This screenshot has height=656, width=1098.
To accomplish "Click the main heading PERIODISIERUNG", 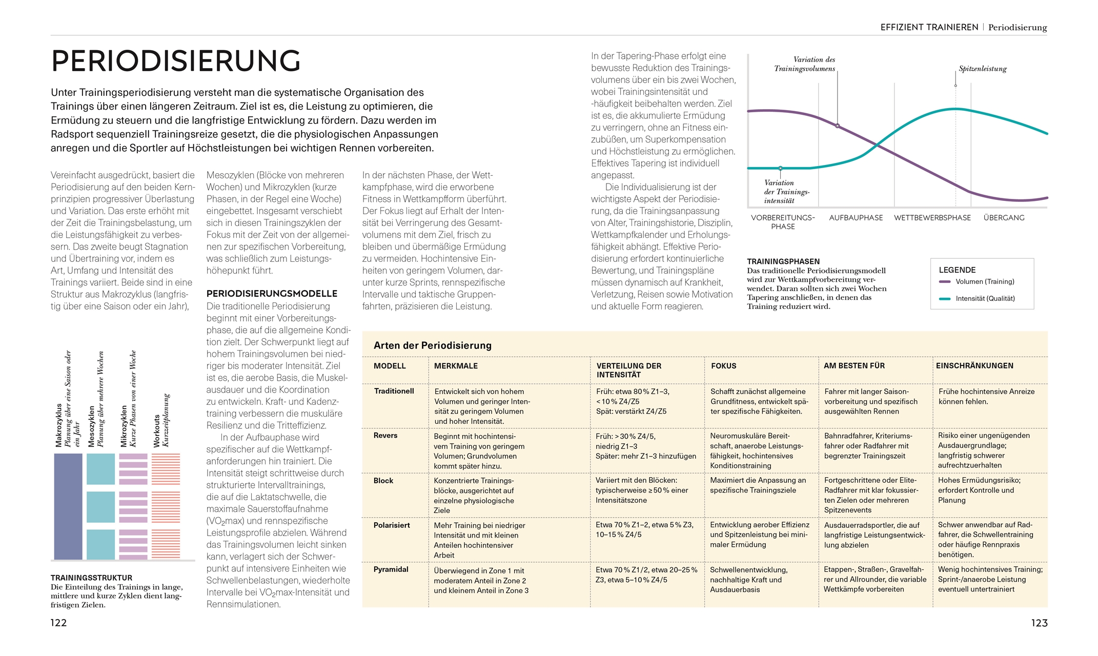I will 176,61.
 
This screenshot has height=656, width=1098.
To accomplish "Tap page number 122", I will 58,623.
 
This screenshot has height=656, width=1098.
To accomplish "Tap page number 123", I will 1039,623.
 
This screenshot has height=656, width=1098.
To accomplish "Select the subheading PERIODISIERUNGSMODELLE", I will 272,294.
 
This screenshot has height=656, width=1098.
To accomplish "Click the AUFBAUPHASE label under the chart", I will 856,218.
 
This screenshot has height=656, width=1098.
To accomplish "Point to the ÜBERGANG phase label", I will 1004,218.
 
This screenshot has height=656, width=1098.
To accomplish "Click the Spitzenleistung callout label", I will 982,69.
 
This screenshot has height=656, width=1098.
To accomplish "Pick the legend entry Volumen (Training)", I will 984,281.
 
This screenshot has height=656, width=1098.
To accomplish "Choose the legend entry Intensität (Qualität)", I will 985,298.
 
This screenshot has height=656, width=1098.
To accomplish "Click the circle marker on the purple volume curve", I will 838,126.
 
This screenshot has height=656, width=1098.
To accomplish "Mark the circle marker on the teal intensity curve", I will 780,168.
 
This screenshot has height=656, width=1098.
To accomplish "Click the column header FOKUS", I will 723,366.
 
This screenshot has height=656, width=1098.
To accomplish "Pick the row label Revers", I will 385,435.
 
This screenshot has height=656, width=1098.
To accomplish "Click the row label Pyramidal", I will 391,569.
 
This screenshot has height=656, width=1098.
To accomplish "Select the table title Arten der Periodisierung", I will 432,345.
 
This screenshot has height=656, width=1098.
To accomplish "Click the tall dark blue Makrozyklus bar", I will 68,506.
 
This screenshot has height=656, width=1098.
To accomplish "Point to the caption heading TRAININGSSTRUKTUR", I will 91,578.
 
